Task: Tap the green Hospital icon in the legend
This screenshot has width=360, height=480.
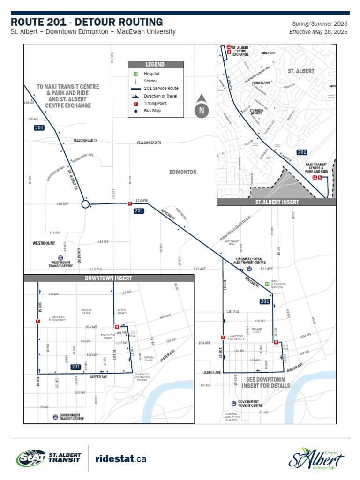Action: coord(135,74)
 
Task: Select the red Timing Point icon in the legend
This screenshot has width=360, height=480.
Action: coord(135,103)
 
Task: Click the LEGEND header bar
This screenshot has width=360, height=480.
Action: coord(154,64)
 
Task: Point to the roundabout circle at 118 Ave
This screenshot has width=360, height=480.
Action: coord(85,204)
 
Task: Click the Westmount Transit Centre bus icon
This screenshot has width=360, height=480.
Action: coord(60,258)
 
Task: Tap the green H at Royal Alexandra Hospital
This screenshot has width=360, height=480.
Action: coord(267,283)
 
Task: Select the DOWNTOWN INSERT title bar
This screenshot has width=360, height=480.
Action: coord(108,278)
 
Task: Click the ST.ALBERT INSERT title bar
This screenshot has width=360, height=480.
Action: coord(277,202)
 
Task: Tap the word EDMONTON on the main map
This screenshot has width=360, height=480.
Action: coord(183,172)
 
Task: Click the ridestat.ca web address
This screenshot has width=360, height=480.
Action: coord(121,458)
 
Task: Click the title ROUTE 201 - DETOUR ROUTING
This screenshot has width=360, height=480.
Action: coord(87,22)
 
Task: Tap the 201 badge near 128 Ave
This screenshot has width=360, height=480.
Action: coord(39,128)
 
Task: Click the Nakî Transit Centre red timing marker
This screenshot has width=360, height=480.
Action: coord(320,178)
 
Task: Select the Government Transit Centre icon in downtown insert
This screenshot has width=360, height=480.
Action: coord(55,416)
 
